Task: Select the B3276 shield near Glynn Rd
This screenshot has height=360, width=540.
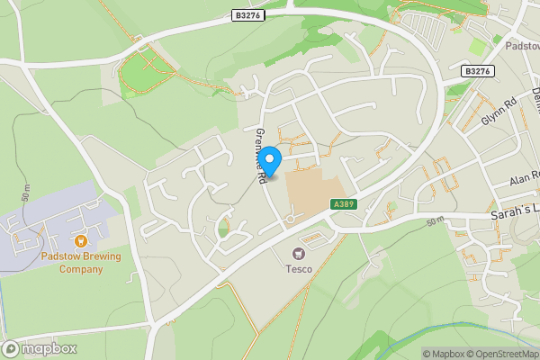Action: tap(479, 71)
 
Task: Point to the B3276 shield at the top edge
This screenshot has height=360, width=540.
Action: tap(247, 15)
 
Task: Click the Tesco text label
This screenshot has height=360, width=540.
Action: tap(299, 269)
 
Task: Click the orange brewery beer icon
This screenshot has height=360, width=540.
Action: tap(81, 240)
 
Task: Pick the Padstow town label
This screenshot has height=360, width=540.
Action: tap(521, 45)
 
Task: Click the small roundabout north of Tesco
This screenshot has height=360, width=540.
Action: tap(291, 219)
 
